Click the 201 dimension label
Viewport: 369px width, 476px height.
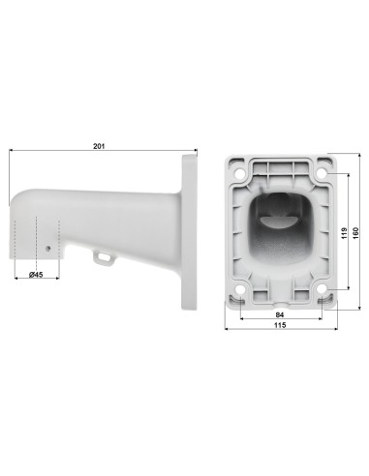coord(99,146)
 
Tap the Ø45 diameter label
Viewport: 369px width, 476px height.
coord(36,275)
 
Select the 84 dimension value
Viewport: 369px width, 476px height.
coord(280,314)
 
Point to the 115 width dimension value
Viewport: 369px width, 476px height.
coord(280,325)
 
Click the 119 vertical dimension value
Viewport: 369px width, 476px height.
coord(344,233)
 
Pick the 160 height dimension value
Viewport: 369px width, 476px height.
coord(355,233)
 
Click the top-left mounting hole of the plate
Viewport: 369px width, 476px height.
coord(240,173)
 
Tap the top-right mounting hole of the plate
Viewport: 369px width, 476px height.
coord(322,173)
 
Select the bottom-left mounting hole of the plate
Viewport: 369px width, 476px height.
coord(240,289)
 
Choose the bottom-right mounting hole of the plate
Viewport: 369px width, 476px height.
coord(322,289)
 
